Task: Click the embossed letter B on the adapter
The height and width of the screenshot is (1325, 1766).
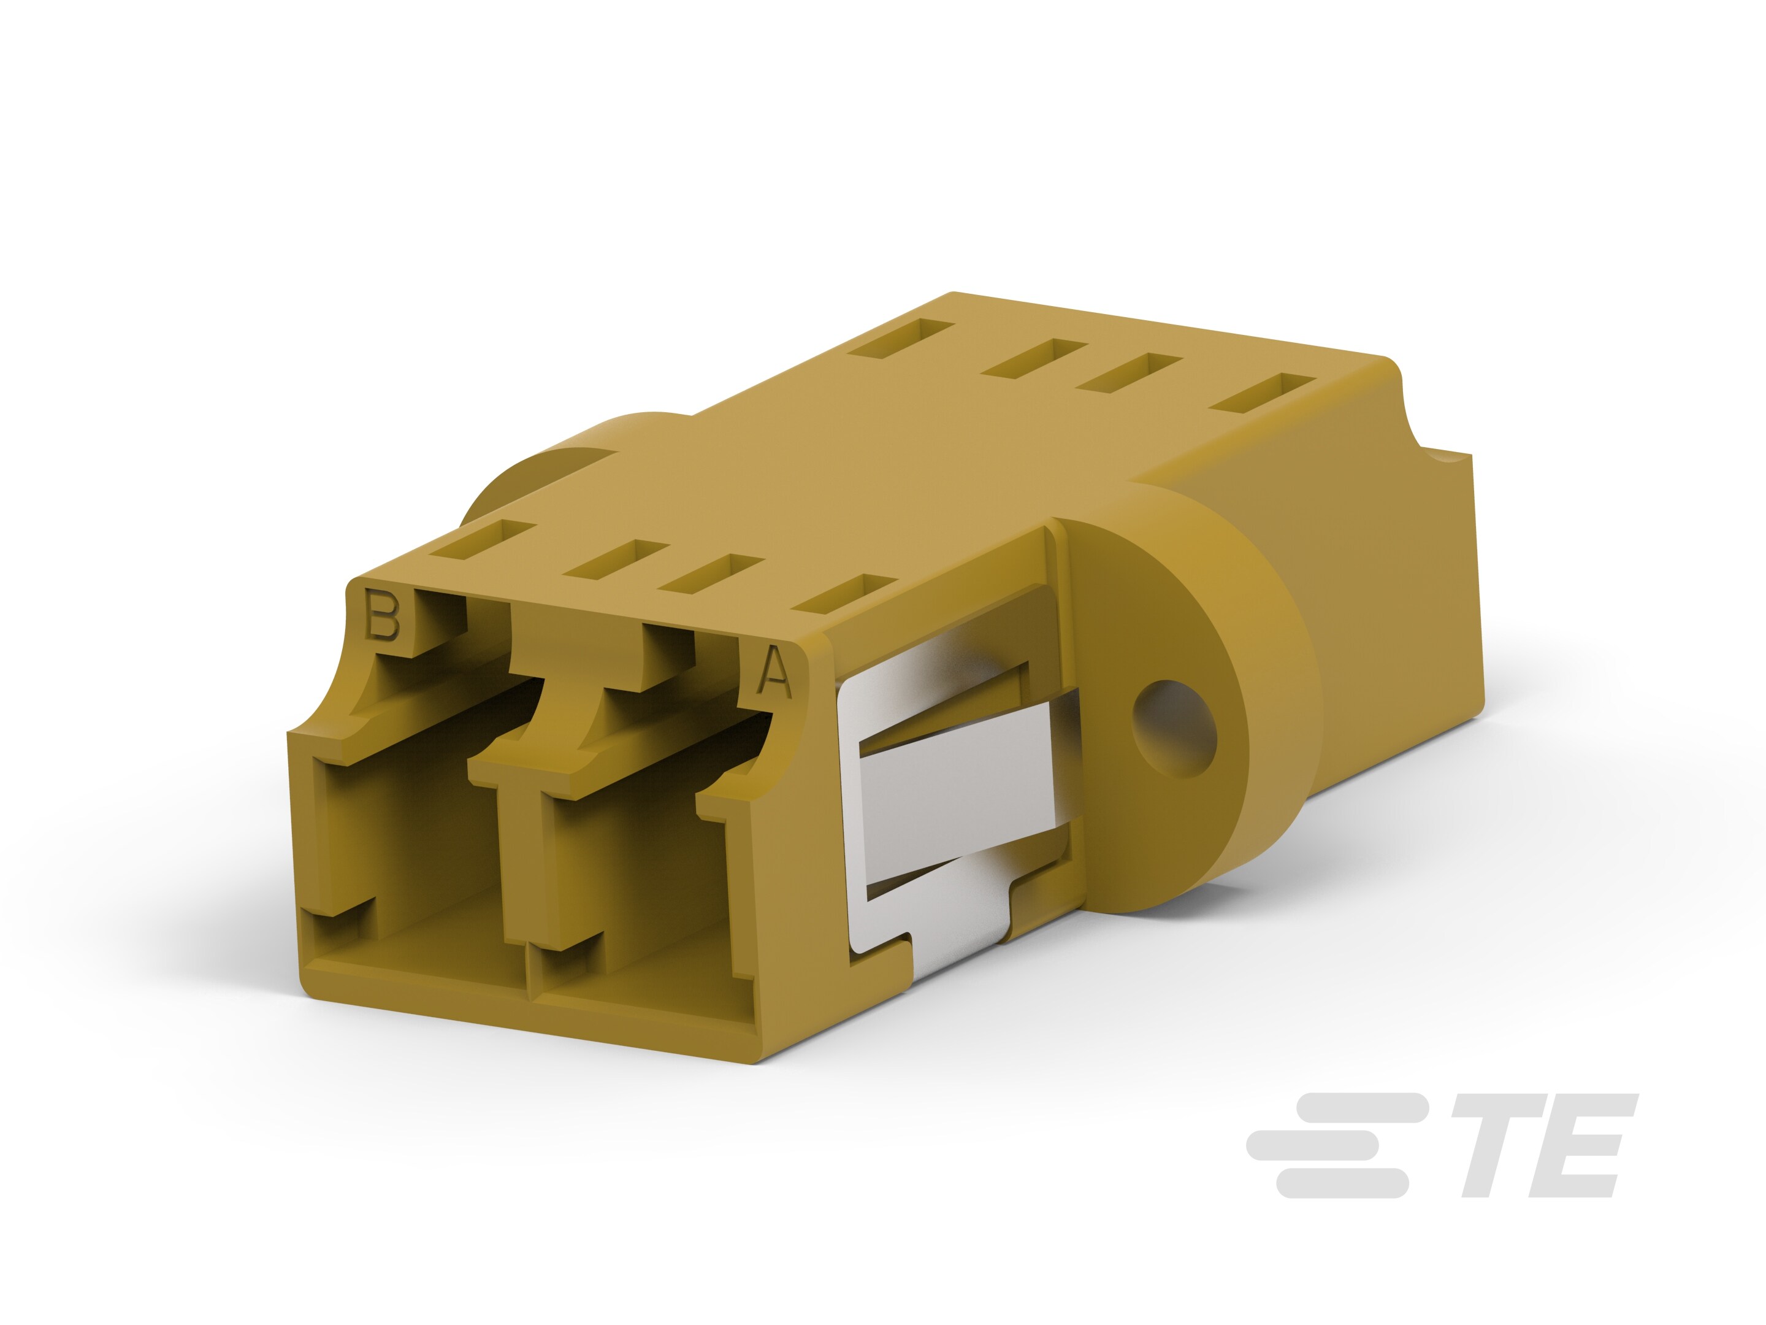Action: (x=381, y=614)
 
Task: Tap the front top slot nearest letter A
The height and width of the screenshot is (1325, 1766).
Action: (x=846, y=594)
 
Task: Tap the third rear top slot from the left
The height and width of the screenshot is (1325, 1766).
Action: (x=1130, y=372)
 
